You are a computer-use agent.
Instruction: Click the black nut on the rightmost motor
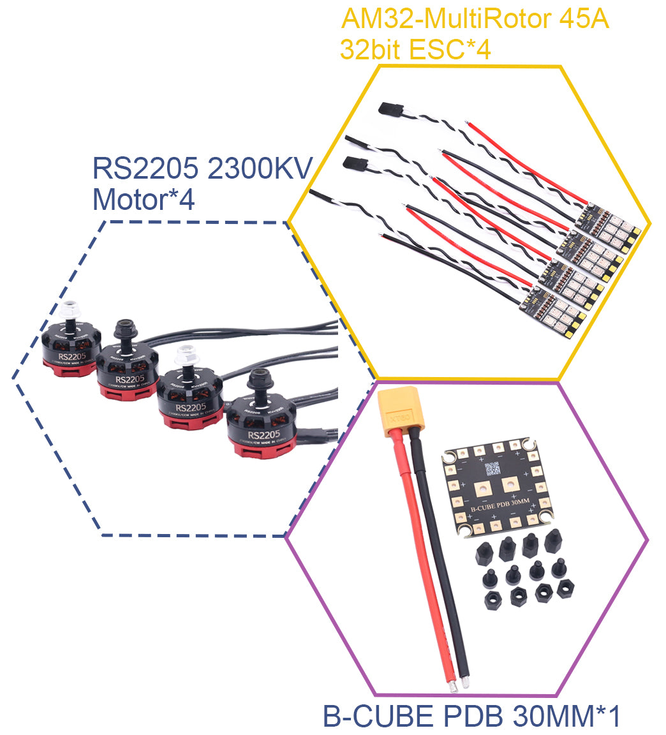[260, 380]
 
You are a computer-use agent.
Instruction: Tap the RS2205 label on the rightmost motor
[263, 435]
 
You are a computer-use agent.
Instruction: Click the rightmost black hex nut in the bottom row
[565, 588]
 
